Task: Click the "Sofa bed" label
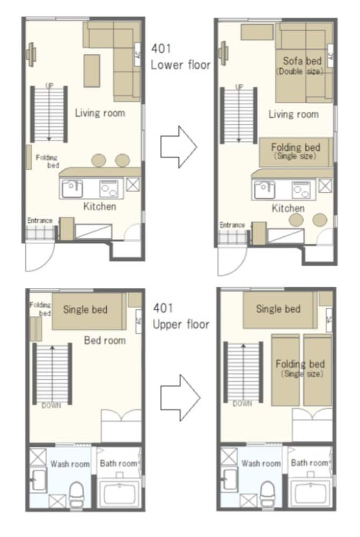302,61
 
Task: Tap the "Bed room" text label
105,340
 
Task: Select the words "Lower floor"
180,65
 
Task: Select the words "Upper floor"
181,324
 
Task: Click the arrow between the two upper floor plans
180,398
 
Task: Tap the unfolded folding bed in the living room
296,151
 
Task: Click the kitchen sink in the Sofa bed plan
263,188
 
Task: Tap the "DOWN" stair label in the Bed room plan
51,405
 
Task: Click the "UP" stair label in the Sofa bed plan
239,86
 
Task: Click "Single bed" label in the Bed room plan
85,309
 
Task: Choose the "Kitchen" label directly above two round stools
288,208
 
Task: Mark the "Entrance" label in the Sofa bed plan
232,225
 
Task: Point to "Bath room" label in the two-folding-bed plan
310,462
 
